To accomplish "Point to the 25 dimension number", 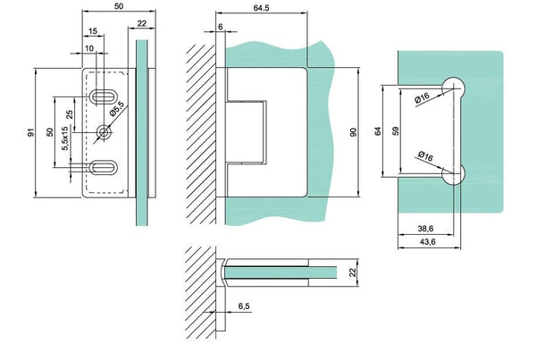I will point(69,114).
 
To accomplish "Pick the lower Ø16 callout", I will point(424,158).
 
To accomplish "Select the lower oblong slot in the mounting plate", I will point(105,166).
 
